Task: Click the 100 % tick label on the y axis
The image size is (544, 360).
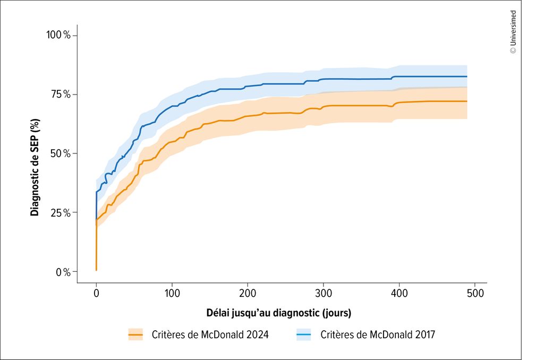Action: pyautogui.click(x=59, y=36)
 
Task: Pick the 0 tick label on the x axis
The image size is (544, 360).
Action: pyautogui.click(x=96, y=293)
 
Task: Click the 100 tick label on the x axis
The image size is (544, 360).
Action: pyautogui.click(x=172, y=293)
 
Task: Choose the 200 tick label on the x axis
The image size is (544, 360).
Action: pyautogui.click(x=248, y=293)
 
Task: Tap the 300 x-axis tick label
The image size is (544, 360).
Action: pyautogui.click(x=324, y=293)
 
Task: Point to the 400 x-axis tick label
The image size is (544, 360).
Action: pyautogui.click(x=399, y=293)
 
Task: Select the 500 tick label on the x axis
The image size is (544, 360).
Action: pyautogui.click(x=475, y=293)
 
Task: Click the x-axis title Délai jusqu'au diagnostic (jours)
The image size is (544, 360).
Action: pyautogui.click(x=278, y=312)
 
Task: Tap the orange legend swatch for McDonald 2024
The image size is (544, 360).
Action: pyautogui.click(x=135, y=335)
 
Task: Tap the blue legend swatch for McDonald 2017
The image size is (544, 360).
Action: pyautogui.click(x=303, y=335)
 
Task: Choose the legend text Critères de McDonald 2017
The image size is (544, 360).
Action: pyautogui.click(x=378, y=335)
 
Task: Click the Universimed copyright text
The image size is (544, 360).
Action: pyautogui.click(x=513, y=32)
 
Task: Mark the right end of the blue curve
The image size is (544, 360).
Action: pyautogui.click(x=466, y=76)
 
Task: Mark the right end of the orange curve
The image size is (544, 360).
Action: pyautogui.click(x=466, y=101)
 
